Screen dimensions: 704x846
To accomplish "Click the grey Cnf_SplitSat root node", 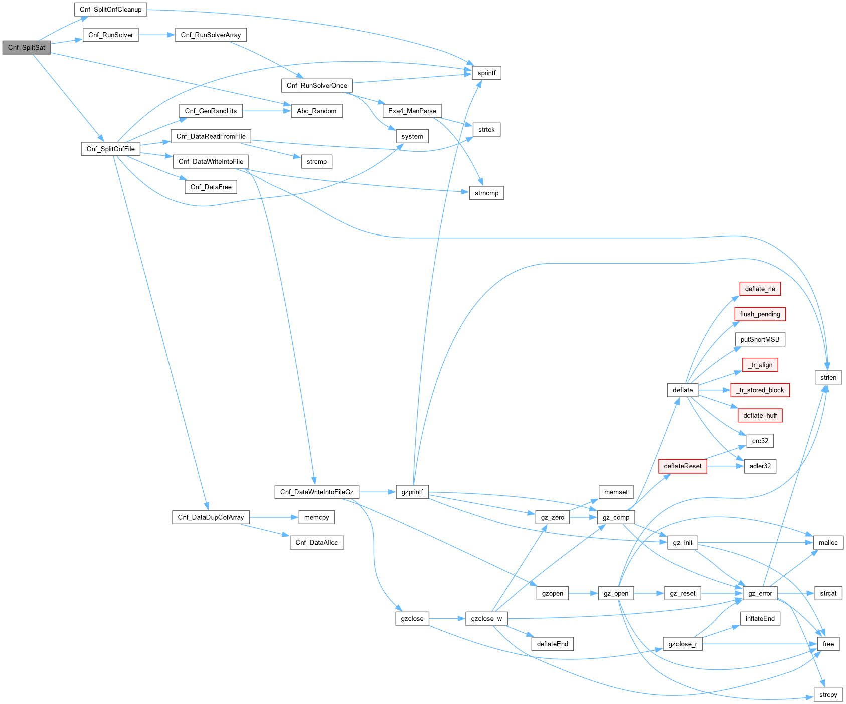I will tap(27, 48).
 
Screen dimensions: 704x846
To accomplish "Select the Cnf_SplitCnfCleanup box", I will tap(110, 10).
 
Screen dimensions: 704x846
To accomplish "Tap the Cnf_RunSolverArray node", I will tap(211, 35).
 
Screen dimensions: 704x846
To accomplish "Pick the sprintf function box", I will tap(486, 73).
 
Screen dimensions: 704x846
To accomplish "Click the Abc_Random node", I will tap(316, 111).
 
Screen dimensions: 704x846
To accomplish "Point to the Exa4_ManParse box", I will tap(412, 111).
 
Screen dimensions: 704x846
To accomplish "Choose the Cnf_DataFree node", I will tap(211, 187).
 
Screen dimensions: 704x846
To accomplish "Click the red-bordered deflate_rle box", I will tap(760, 289).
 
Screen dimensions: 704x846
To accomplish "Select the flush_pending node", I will tap(760, 314).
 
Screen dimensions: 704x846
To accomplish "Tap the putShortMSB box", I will tap(760, 340).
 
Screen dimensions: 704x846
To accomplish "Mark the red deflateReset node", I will tap(683, 466).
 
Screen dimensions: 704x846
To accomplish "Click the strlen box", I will tap(828, 378).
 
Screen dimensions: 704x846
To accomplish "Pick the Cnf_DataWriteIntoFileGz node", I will tap(316, 492).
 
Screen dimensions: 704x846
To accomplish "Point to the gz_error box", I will tap(760, 594).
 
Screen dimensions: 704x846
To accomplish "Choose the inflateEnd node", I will tap(760, 619).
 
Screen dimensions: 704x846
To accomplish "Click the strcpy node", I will tap(828, 695).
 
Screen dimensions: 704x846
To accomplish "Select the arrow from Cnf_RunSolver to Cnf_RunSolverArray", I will tap(156, 35).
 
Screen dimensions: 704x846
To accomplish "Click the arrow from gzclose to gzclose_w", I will tap(447, 619).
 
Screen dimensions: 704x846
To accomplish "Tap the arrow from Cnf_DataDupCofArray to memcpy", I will tap(274, 517).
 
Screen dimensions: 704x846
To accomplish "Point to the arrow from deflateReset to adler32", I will tap(725, 466).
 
